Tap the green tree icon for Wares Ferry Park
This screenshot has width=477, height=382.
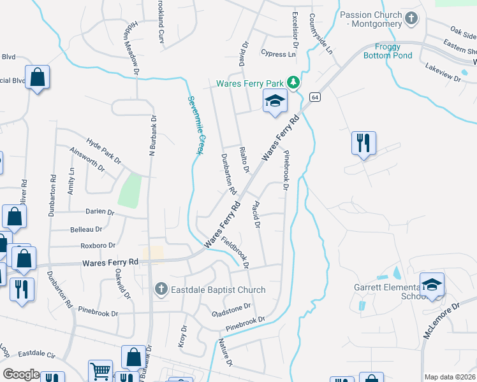point(293,82)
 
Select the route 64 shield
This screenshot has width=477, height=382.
point(315,97)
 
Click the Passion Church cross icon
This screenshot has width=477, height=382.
point(412,18)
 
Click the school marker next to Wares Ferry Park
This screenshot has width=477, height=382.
point(275,101)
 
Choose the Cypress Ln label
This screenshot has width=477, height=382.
point(279,54)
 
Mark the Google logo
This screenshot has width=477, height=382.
point(21,374)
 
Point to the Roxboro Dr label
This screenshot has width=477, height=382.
point(98,245)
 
